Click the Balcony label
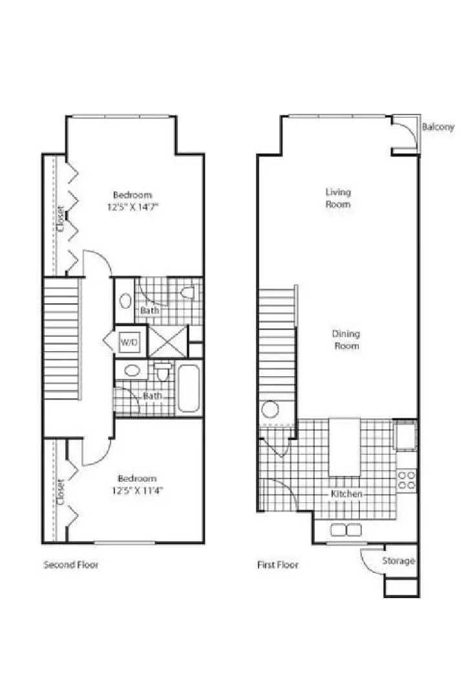(438, 127)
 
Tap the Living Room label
(338, 198)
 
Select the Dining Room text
(346, 339)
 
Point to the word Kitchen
(346, 493)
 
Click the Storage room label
(398, 561)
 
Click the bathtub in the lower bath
(189, 388)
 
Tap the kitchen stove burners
(407, 480)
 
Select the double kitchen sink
(346, 530)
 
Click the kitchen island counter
(344, 447)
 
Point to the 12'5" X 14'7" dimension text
(132, 207)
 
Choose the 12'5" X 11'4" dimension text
(137, 490)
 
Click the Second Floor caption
(71, 565)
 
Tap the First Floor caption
(277, 565)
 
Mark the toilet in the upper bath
(188, 293)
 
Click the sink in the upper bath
(125, 301)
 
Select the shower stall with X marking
(168, 341)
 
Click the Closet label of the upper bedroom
(60, 218)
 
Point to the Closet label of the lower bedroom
(60, 491)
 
